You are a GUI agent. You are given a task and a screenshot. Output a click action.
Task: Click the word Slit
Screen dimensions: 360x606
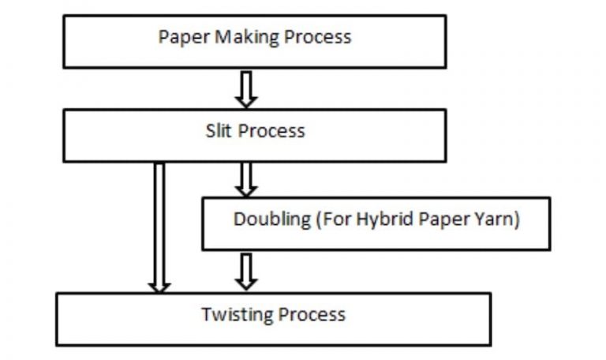pos(219,131)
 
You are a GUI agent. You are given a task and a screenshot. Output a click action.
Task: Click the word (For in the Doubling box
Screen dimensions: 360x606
pos(332,219)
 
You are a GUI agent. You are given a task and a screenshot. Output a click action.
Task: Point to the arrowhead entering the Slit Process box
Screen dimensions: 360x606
pos(247,101)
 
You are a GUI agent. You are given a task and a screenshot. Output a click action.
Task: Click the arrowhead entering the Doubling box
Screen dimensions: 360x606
pos(247,191)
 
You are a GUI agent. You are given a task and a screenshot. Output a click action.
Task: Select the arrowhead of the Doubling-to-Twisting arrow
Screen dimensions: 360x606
pos(247,283)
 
